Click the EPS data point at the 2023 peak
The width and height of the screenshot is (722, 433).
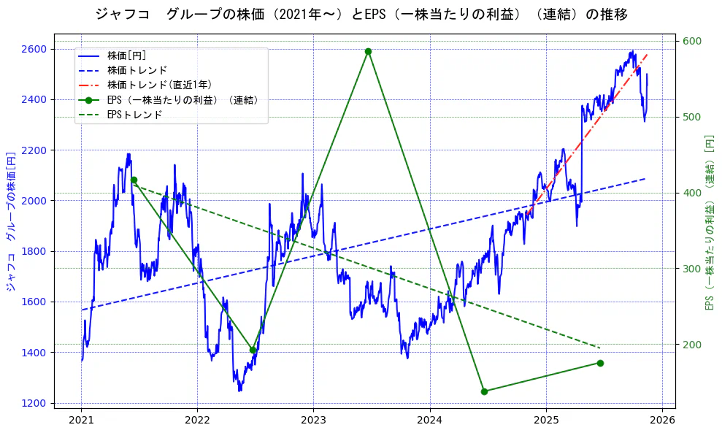(368, 51)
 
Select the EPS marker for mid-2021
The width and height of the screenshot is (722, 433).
(134, 180)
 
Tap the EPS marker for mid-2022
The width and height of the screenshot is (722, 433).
(253, 350)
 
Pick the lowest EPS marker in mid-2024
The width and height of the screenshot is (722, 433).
(484, 391)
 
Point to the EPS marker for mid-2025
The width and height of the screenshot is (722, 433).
(600, 363)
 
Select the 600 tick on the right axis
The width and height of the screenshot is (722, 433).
(691, 41)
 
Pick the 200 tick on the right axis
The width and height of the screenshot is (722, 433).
(691, 345)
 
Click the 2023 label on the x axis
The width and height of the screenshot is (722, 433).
(313, 421)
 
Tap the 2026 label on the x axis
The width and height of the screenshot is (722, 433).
(661, 421)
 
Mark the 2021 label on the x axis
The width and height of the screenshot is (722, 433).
(81, 421)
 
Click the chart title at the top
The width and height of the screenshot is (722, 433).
(361, 15)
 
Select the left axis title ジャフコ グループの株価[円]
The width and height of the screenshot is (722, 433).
(11, 222)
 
